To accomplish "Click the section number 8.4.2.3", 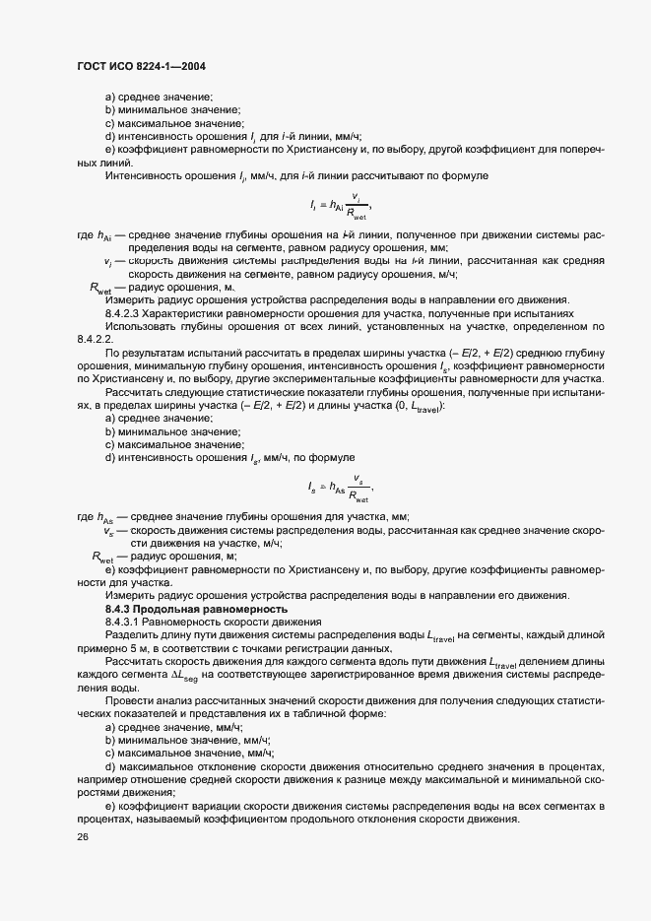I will tap(123, 311).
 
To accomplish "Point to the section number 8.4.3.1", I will tap(123, 623).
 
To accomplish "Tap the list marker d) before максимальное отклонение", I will tap(110, 765).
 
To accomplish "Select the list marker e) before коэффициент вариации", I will tap(110, 804).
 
